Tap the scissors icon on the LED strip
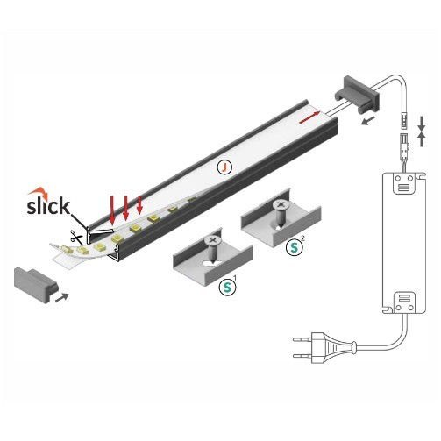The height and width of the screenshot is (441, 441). point(78,236)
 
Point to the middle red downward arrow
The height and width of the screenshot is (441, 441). point(126,209)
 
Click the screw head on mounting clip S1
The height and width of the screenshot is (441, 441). point(212,239)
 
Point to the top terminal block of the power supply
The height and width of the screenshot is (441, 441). point(402,185)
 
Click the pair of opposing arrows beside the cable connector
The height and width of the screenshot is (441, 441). point(422,132)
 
